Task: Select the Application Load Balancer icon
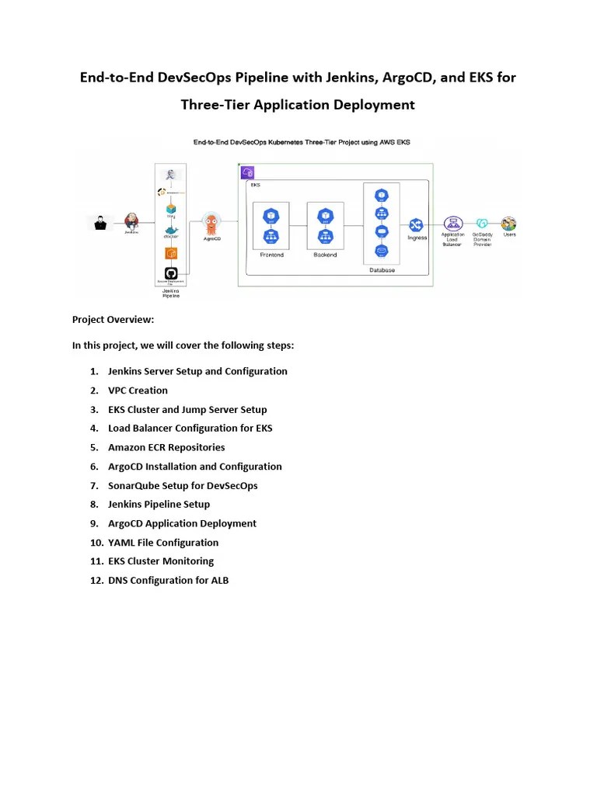tap(453, 223)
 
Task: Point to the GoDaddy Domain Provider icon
tap(482, 224)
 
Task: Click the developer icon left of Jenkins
tap(100, 223)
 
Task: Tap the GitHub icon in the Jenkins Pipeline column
tap(172, 273)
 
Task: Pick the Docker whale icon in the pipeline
tap(172, 231)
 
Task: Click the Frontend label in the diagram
tap(271, 255)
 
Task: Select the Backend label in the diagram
tap(325, 255)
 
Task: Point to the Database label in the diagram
tap(382, 270)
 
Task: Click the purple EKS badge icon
tap(248, 172)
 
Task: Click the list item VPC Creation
tap(138, 391)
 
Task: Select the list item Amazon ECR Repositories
tap(166, 447)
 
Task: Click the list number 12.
tap(96, 580)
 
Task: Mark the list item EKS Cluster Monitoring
tap(161, 561)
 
